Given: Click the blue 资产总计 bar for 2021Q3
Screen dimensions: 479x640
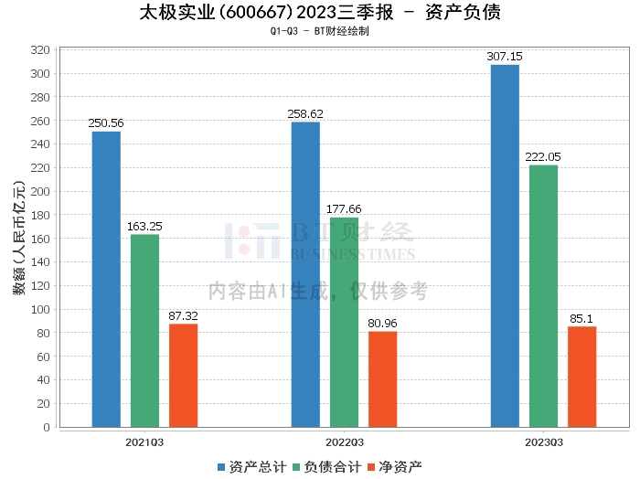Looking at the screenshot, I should [x=106, y=279].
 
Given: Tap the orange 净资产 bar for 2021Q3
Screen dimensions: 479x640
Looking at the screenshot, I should [x=183, y=375].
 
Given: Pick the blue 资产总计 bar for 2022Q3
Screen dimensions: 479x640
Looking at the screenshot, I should [x=305, y=274].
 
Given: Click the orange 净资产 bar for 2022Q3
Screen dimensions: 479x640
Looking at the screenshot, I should [x=382, y=378].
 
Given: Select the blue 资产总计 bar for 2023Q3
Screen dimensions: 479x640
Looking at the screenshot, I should [x=505, y=246].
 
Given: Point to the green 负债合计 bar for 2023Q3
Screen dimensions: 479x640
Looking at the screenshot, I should [x=543, y=295].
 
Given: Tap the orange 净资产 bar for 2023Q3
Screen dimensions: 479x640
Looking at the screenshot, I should [x=581, y=376].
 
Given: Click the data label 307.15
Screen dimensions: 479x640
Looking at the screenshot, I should [x=505, y=57].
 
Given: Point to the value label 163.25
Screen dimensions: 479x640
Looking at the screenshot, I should [x=144, y=226].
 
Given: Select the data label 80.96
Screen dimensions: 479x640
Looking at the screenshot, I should [x=382, y=323].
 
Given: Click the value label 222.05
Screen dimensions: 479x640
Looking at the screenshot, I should [x=543, y=157].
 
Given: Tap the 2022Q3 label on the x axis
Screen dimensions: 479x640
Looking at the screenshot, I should [x=344, y=442].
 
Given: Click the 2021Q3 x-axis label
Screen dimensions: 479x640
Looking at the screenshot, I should [x=144, y=442].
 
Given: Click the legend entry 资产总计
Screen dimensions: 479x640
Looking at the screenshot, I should [x=249, y=467].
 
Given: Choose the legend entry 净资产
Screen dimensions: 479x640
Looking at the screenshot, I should [x=394, y=467].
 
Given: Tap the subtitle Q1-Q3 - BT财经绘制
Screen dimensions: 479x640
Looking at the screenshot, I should [x=320, y=31].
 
